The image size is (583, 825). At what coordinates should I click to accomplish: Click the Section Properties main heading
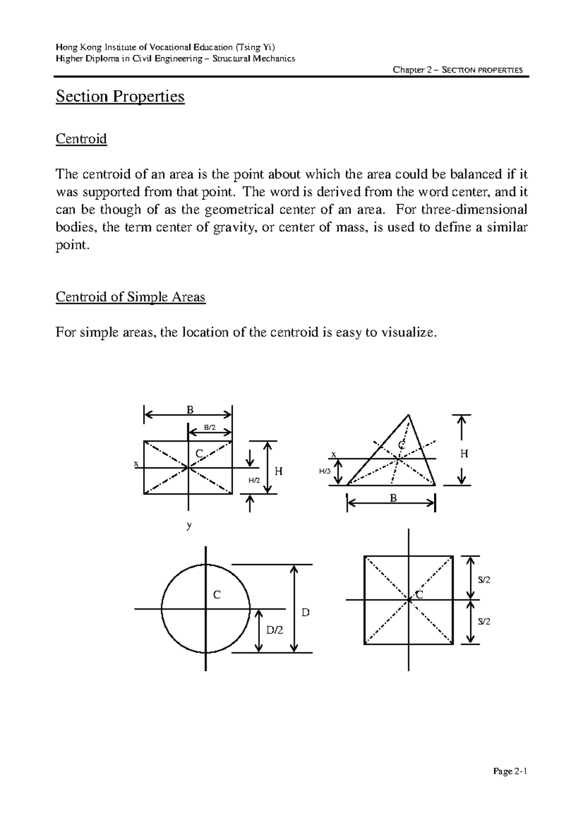coord(120,96)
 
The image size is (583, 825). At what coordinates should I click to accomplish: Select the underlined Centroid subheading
coord(81,139)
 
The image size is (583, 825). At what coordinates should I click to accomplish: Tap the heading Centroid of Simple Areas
coord(131,297)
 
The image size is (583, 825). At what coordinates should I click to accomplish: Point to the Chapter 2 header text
coord(458,70)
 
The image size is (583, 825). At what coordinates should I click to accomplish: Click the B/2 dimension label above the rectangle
coord(209,428)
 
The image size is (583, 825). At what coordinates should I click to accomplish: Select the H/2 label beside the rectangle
coord(254,481)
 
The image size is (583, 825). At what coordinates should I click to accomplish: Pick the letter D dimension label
coord(305,612)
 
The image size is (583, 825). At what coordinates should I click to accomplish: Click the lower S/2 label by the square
coord(484,621)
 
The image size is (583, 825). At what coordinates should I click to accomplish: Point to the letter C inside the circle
coord(217,595)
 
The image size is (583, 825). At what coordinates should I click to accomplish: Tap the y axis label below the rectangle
coord(189,525)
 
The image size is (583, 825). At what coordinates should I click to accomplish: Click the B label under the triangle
coord(393,498)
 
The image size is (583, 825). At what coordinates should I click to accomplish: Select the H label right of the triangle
coord(464,454)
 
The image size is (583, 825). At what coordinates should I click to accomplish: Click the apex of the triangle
coord(409,415)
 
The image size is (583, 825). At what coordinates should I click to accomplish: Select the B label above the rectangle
coord(190,410)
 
